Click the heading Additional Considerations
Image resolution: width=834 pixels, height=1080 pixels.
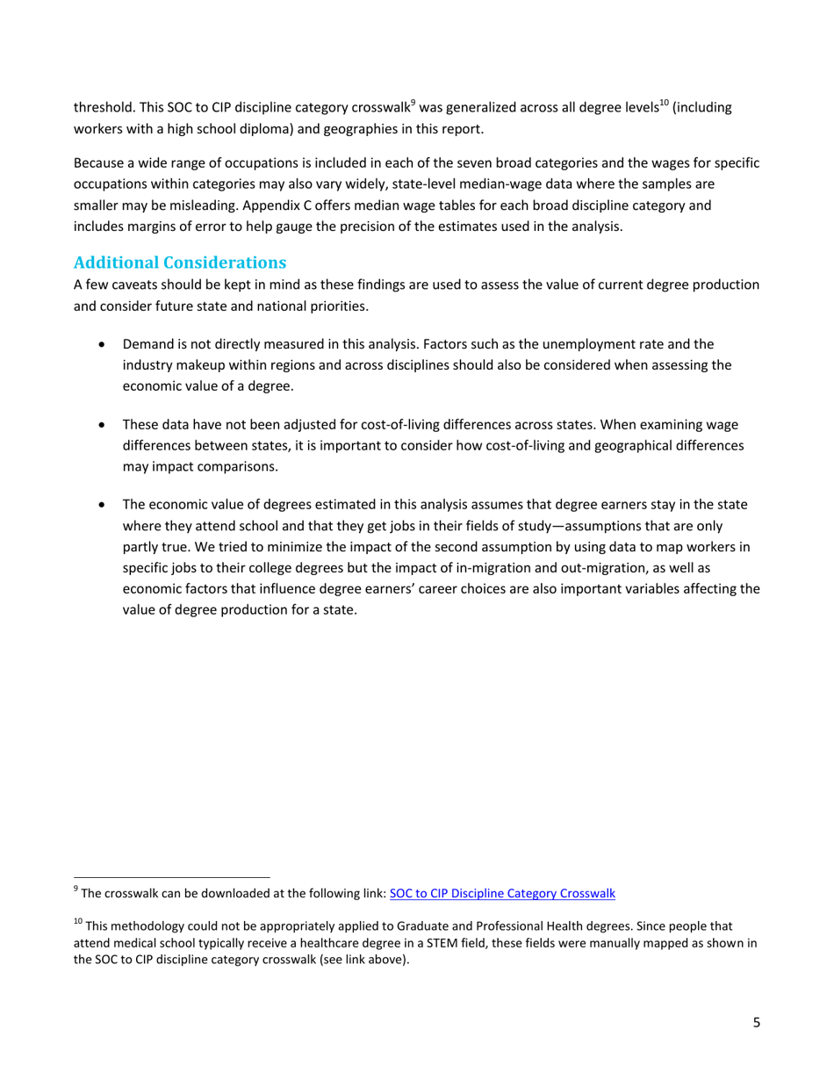(180, 262)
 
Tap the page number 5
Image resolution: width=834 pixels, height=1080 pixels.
(756, 1023)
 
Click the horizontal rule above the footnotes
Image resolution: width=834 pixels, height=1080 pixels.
(171, 876)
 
